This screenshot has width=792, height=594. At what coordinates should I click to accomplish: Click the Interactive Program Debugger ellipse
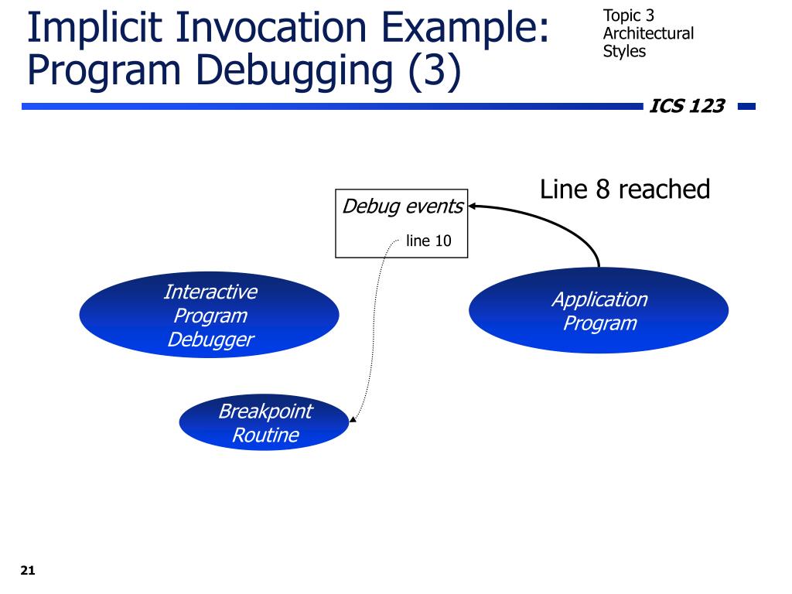point(209,315)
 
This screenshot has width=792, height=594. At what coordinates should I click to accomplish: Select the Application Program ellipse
point(599,310)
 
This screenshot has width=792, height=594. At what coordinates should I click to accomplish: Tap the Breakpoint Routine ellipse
point(265,423)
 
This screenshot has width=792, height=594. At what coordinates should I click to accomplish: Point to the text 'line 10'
point(428,241)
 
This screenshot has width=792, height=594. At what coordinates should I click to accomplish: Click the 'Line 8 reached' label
point(624,189)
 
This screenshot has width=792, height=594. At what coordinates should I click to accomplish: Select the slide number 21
point(28,572)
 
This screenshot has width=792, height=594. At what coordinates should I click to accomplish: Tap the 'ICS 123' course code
point(687,107)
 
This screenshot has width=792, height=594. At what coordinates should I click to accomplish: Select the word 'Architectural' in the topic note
point(648,34)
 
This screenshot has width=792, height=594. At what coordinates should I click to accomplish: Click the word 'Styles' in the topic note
point(624,52)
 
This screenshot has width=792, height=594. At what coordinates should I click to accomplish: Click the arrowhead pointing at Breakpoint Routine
point(353,420)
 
